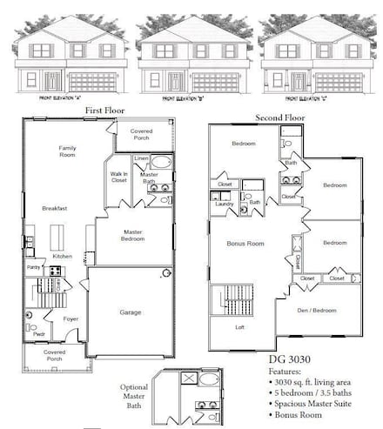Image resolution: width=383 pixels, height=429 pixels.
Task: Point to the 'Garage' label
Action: (x=132, y=312)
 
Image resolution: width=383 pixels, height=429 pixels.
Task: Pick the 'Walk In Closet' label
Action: (x=119, y=178)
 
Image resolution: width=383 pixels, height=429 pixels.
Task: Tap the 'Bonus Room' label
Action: (x=245, y=244)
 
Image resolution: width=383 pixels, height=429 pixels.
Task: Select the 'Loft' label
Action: (x=240, y=327)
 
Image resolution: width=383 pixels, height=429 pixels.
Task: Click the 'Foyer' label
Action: (x=71, y=319)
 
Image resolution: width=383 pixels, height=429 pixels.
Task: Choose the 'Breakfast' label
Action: (x=56, y=208)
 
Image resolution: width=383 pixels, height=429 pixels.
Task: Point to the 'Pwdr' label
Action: (x=38, y=334)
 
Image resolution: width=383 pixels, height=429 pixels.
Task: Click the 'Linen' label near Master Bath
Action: (x=143, y=158)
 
